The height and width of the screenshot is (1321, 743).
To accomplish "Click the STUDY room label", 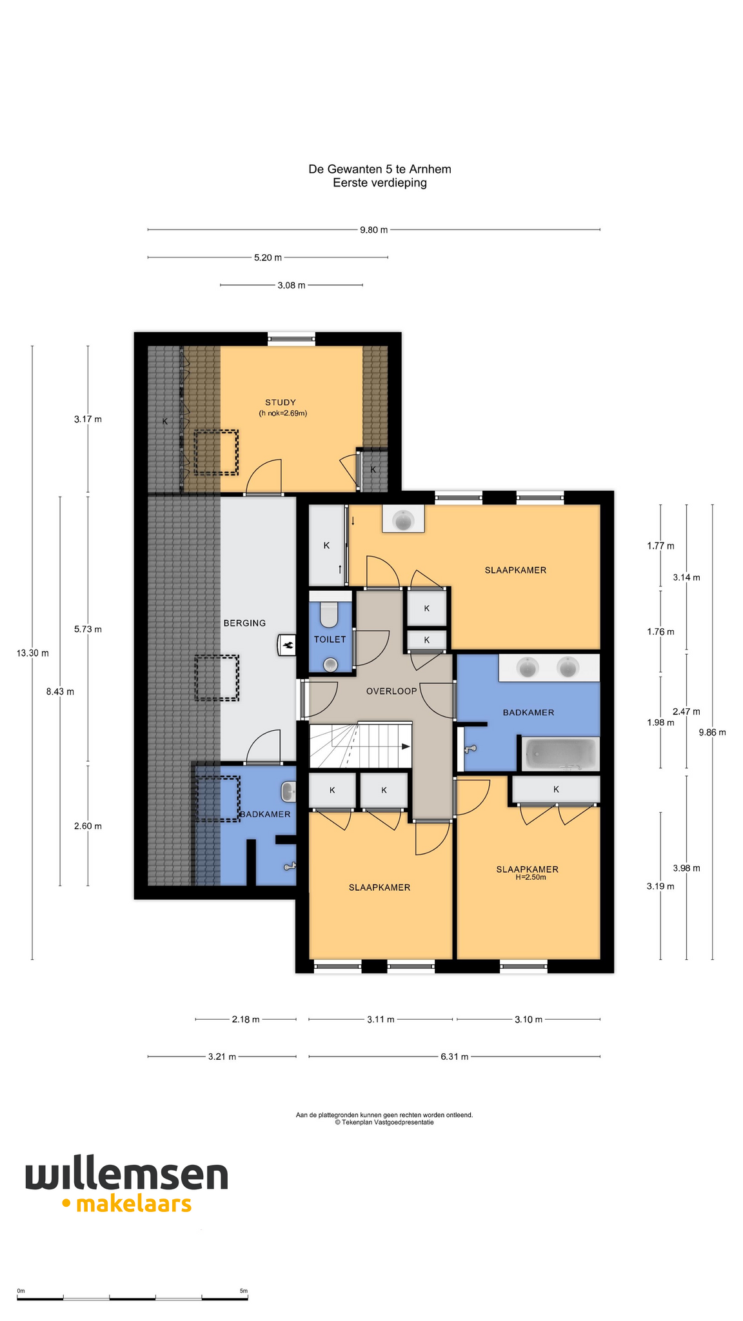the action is click(x=281, y=402).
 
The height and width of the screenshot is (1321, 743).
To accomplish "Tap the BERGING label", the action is click(x=244, y=623).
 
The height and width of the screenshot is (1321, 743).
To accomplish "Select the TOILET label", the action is click(x=330, y=639).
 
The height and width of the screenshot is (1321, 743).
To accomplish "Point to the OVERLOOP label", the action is click(x=391, y=691).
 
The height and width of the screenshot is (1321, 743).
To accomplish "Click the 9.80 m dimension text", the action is click(x=374, y=230).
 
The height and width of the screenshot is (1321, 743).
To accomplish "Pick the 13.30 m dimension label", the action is click(x=32, y=653).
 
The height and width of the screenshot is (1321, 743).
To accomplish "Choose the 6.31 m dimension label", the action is click(x=455, y=1057).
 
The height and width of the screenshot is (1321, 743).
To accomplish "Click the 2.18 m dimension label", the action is click(x=246, y=1019).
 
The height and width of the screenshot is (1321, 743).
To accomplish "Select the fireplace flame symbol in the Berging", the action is click(x=287, y=644).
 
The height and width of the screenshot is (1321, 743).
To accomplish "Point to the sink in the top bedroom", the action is click(x=404, y=519).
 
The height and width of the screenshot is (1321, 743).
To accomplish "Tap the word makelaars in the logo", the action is click(x=134, y=1204).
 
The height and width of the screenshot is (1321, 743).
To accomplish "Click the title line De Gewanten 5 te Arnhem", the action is click(x=380, y=169).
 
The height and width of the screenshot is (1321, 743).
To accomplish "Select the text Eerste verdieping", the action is click(x=380, y=183).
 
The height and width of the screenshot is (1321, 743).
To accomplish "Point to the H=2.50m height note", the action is click(x=531, y=877).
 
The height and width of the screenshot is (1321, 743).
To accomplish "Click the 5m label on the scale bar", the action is click(x=243, y=1291).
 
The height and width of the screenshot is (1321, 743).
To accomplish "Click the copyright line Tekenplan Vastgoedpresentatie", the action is click(x=384, y=1122).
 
